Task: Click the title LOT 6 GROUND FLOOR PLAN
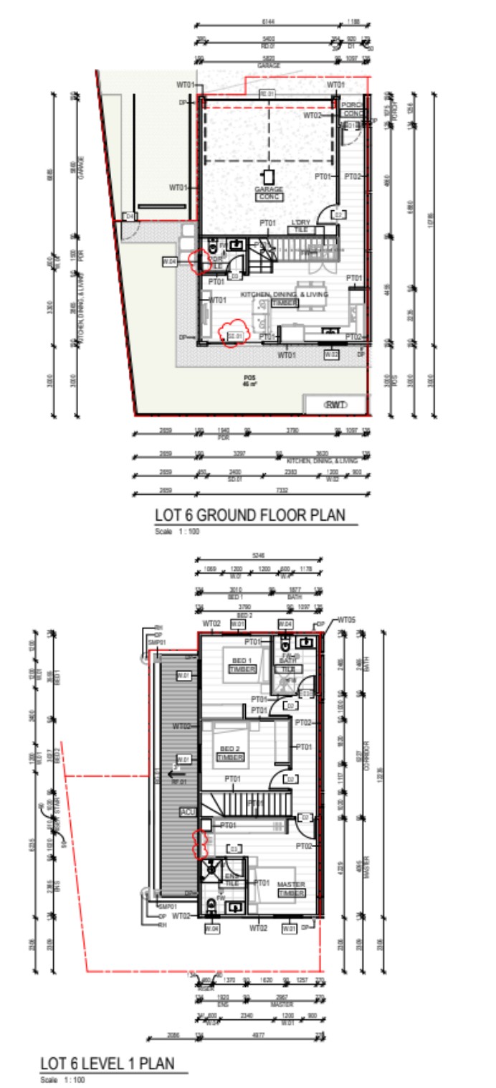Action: click(x=250, y=515)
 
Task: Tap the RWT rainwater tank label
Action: click(x=335, y=405)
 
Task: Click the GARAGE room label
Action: click(x=269, y=189)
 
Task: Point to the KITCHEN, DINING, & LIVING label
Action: click(x=285, y=295)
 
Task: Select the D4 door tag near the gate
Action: click(x=129, y=216)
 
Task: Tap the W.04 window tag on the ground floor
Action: click(x=170, y=262)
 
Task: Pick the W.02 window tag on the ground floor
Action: click(x=331, y=354)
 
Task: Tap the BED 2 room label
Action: click(x=231, y=749)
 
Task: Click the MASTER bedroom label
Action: click(x=291, y=884)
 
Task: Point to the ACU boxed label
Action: click(x=188, y=811)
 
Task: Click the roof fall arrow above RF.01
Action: click(x=172, y=774)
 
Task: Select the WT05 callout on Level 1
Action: click(x=346, y=619)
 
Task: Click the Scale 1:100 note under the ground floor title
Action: click(x=172, y=531)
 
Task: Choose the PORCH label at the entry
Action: click(x=351, y=105)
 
